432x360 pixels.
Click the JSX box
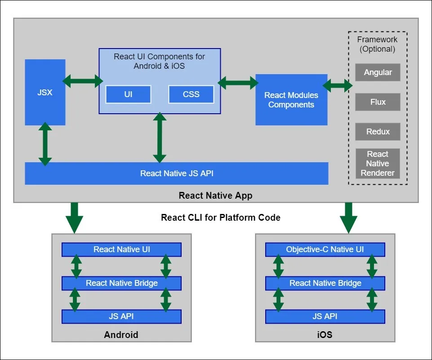45,92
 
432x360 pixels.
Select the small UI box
128,94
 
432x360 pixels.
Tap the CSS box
191,94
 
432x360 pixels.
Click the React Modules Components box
291,100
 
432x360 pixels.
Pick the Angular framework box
378,72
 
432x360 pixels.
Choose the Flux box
378,102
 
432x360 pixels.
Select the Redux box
378,132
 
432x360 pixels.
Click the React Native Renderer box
378,164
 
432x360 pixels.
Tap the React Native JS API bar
176,173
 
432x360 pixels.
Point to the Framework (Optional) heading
378,44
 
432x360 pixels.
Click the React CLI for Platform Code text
221,218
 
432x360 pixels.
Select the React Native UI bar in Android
121,249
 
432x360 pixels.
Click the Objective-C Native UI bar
325,249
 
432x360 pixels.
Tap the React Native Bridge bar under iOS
325,283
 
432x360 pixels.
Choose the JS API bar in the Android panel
121,316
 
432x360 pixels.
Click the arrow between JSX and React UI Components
82,81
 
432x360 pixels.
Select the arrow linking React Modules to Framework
337,84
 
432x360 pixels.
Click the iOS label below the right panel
325,335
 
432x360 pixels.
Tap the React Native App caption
215,196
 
